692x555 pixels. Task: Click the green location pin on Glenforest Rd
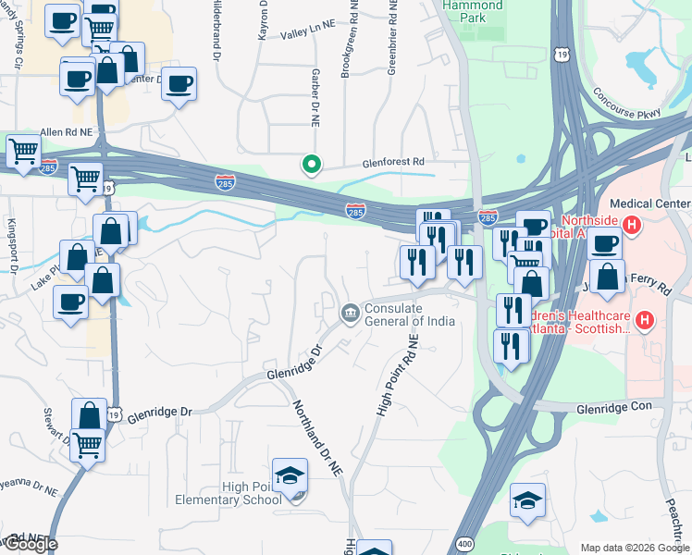(x=312, y=165)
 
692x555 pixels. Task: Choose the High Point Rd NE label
(x=396, y=375)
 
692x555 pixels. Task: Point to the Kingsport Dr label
(x=13, y=246)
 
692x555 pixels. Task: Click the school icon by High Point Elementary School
(x=290, y=475)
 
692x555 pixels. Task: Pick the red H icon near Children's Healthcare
(x=645, y=321)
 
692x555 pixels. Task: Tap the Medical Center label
(x=647, y=203)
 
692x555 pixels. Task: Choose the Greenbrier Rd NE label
(x=393, y=37)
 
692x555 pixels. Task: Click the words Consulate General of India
(x=410, y=314)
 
